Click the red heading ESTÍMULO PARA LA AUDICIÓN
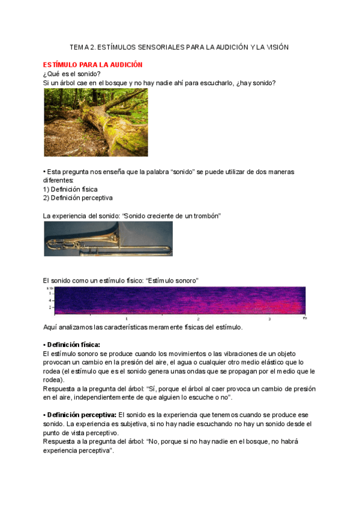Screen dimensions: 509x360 click(x=92, y=64)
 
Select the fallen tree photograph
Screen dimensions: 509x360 click(x=96, y=122)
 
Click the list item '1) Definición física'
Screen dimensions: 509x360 click(x=70, y=189)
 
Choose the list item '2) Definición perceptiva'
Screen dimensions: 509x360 click(x=77, y=197)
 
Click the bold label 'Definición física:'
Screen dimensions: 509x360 click(x=73, y=345)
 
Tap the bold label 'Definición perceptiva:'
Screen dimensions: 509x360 click(x=82, y=415)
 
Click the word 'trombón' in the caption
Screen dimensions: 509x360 click(x=205, y=215)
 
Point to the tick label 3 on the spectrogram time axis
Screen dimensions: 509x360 click(x=269, y=319)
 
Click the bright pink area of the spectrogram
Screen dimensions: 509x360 click(x=252, y=305)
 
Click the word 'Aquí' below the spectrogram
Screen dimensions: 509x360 click(x=50, y=327)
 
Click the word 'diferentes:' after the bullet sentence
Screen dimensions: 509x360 click(x=58, y=180)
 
